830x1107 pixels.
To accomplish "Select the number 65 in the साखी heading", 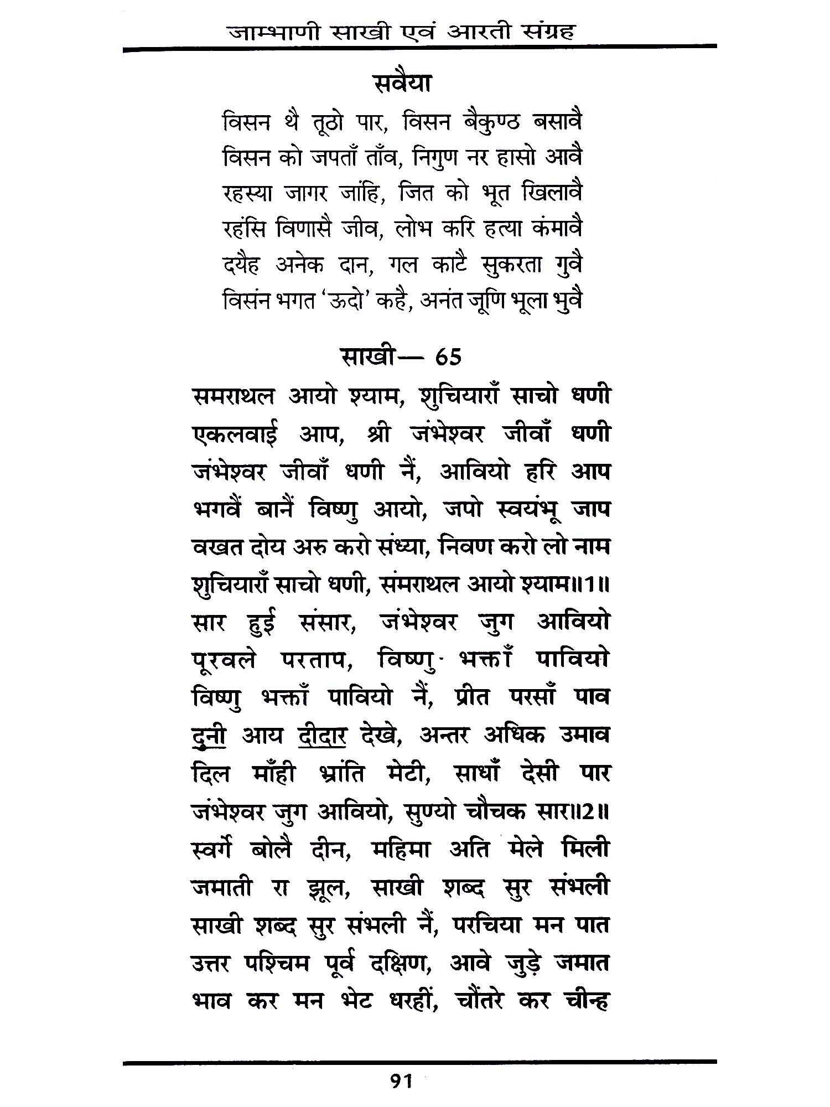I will (448, 358).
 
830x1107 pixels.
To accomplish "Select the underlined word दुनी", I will (207, 736).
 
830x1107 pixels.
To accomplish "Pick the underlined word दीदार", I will (322, 736).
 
